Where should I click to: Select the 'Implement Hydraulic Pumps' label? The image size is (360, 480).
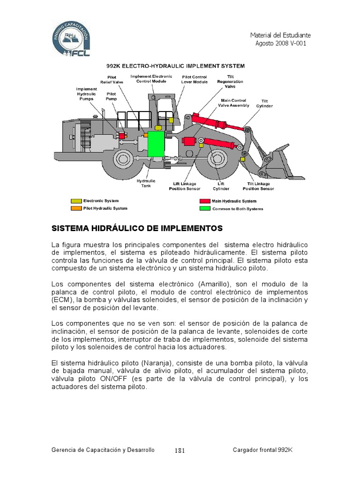pos(87,94)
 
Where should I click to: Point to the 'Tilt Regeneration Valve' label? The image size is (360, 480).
pos(230,81)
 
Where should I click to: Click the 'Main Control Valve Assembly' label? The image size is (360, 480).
pos(233,103)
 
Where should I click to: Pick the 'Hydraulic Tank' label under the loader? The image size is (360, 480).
pos(146,182)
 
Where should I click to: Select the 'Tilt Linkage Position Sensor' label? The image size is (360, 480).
pos(258,186)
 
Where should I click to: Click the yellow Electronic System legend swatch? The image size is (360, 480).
pos(76,201)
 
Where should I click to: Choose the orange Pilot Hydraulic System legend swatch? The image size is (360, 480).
pos(76,208)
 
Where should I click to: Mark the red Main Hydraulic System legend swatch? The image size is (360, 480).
pos(205,201)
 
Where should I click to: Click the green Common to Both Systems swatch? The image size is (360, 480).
pos(205,209)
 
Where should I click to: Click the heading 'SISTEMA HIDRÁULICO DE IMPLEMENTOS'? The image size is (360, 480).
pos(136,228)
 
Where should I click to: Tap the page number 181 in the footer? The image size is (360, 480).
pos(180,450)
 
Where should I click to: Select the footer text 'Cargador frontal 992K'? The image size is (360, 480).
pos(262,450)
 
